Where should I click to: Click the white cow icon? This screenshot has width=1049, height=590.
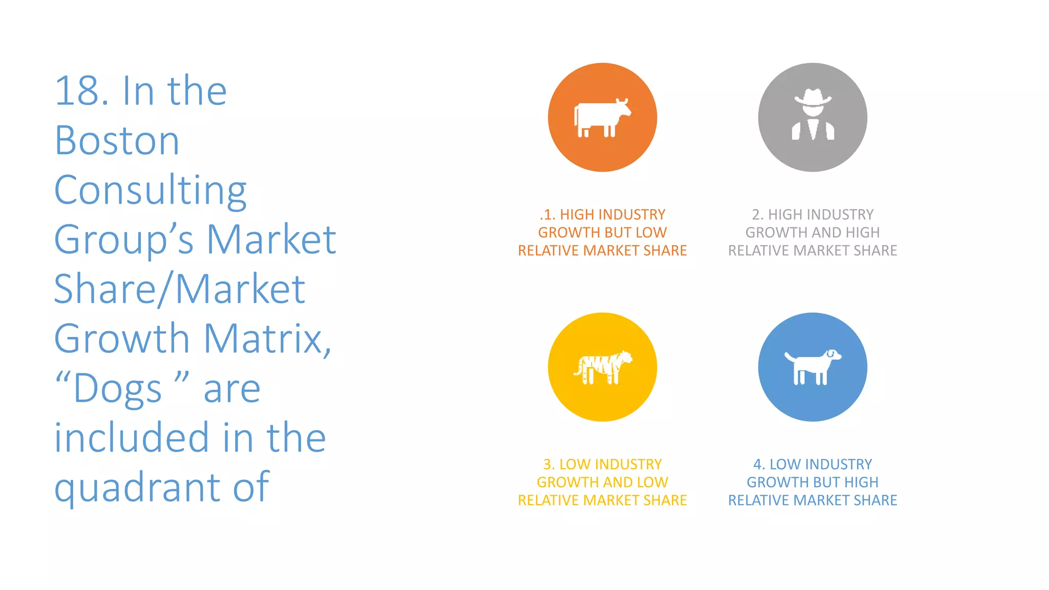[602, 118]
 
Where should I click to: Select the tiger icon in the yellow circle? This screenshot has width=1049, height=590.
[603, 367]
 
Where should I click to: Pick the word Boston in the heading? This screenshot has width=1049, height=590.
[117, 140]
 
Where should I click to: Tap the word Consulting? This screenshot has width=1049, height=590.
[150, 191]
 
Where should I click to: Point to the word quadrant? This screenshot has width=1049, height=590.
[139, 488]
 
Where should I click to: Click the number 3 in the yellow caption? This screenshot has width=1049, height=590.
[548, 465]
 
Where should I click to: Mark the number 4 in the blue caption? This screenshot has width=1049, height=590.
[758, 465]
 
